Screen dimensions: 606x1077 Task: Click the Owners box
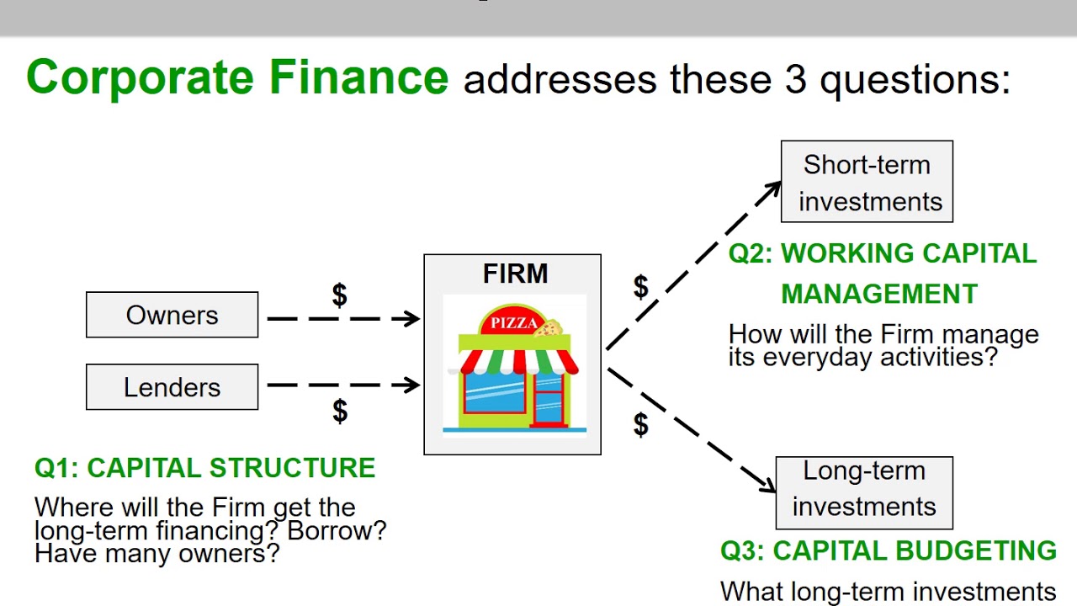[x=172, y=315]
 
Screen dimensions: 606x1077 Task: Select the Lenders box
[x=172, y=387]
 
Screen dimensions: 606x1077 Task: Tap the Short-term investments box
[x=867, y=182]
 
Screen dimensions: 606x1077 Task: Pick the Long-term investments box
[x=864, y=488]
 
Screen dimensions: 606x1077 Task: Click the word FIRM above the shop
[x=515, y=274]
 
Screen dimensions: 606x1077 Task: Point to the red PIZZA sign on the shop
[x=513, y=322]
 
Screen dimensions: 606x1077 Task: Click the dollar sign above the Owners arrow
[x=339, y=295]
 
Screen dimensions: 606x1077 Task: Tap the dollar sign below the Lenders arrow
[x=339, y=411]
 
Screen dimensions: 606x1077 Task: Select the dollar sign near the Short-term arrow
[x=640, y=287]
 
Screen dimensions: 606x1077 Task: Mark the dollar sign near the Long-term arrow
[x=640, y=425]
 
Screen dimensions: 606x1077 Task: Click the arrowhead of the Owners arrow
[x=412, y=319]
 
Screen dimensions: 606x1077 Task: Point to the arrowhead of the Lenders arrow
[x=412, y=385]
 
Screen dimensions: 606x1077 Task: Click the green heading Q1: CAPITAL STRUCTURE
[x=204, y=468]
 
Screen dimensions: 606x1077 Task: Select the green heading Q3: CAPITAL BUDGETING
[x=889, y=550]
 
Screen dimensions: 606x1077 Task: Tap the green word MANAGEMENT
[x=879, y=294]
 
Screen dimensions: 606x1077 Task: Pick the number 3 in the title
[x=796, y=79]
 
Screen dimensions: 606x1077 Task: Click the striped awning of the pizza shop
[x=518, y=361]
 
